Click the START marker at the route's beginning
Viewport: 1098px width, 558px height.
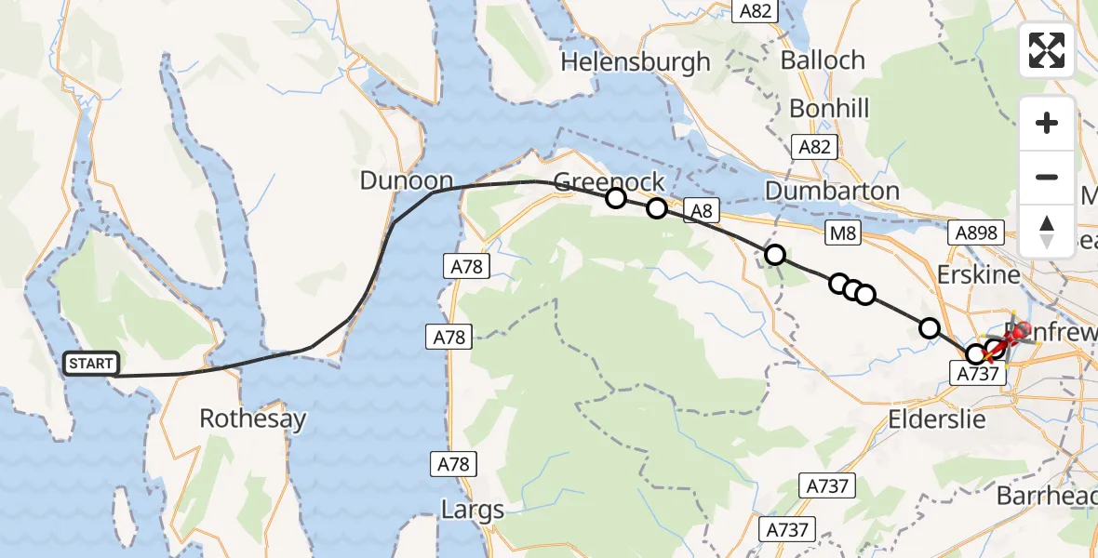tap(90, 364)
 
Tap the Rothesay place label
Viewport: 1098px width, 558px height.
tap(252, 418)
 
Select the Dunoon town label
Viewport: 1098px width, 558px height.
tap(407, 180)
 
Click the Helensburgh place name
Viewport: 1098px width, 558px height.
tap(636, 62)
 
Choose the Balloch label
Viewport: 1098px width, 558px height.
tap(823, 60)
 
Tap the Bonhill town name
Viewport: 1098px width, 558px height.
tap(829, 109)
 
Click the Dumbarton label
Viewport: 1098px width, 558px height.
tap(832, 191)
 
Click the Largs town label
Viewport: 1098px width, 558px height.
tap(473, 510)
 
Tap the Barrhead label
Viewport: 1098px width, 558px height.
tap(1046, 495)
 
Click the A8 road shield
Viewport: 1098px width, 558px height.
tap(702, 211)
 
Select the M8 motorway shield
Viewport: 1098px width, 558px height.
tap(843, 233)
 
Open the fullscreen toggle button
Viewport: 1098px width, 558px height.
tap(1047, 50)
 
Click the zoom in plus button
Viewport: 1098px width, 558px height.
tap(1047, 123)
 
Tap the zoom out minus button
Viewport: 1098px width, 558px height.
tap(1047, 177)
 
